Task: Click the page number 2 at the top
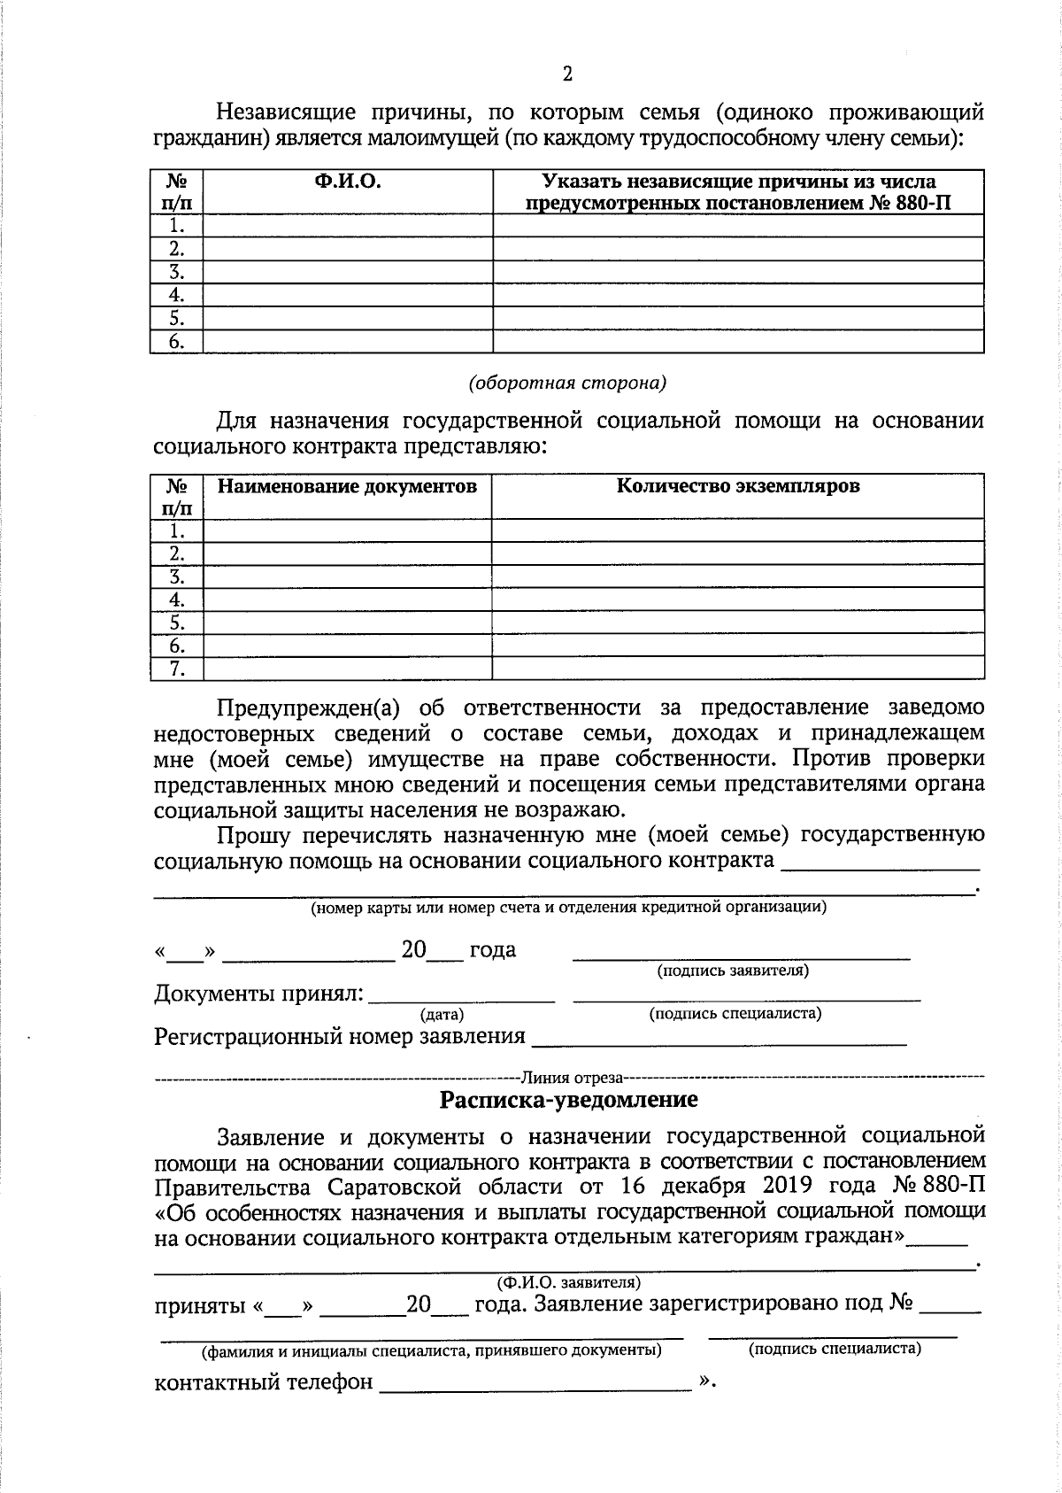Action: coord(567,74)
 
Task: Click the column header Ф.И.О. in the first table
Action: coord(347,182)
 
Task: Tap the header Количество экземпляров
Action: coord(738,485)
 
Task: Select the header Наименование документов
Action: coord(347,485)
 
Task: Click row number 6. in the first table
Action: coord(177,342)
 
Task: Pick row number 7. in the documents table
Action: coord(177,669)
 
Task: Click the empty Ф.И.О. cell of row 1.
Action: coord(347,226)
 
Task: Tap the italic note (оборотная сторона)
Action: coord(567,383)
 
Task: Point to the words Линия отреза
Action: coord(573,1078)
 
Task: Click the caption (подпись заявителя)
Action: coord(733,971)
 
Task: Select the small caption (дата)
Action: coord(442,1015)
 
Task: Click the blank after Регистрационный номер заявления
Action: coord(718,1036)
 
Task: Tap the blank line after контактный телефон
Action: coord(535,1381)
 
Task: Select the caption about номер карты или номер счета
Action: coord(567,908)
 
